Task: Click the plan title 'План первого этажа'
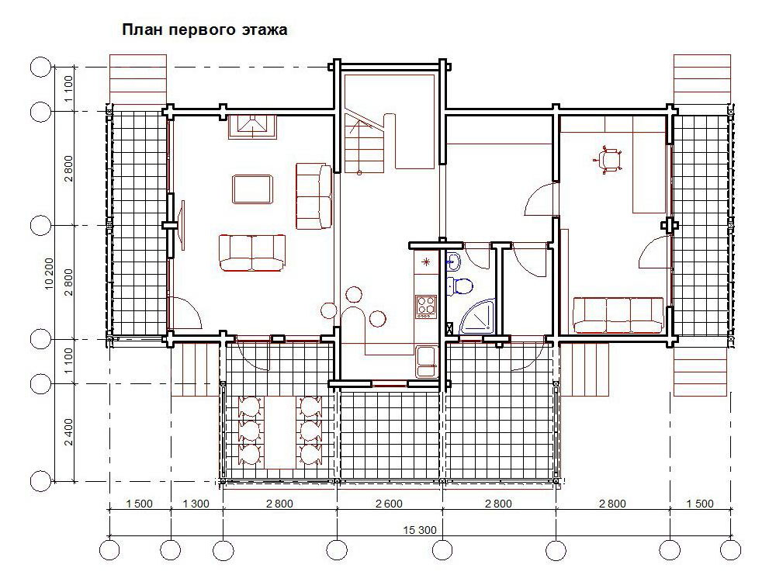[x=204, y=29]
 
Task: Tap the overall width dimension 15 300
[x=420, y=530]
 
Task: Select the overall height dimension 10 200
[x=49, y=274]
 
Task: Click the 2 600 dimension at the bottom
[x=389, y=504]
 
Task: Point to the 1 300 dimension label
[x=196, y=504]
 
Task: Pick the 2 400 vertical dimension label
[x=68, y=432]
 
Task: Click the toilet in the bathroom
[x=459, y=286]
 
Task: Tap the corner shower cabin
[x=477, y=317]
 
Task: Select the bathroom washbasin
[x=454, y=262]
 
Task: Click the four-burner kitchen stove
[x=425, y=307]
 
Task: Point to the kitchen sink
[x=426, y=362]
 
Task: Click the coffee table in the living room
[x=252, y=189]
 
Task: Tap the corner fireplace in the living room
[x=252, y=126]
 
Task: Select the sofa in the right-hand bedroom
[x=618, y=315]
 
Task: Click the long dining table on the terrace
[x=281, y=432]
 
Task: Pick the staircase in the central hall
[x=365, y=143]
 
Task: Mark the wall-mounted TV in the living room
[x=182, y=225]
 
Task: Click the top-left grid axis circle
[x=40, y=67]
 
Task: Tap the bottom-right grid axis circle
[x=731, y=550]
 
